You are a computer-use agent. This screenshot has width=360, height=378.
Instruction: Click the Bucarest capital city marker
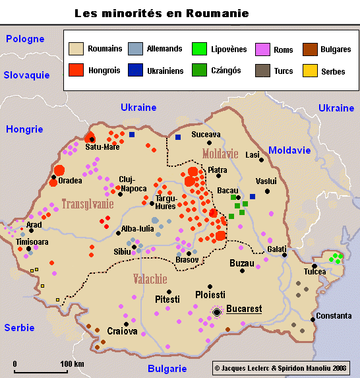click(217, 311)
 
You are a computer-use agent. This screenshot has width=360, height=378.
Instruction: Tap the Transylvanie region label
click(87, 205)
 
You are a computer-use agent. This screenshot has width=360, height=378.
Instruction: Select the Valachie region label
click(154, 278)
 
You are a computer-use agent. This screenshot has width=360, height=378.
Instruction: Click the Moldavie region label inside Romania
click(220, 154)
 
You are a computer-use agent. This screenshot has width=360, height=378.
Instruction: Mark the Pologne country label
click(26, 40)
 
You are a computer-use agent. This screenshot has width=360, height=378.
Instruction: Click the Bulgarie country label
click(167, 368)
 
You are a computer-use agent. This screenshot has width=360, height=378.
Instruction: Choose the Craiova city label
click(122, 331)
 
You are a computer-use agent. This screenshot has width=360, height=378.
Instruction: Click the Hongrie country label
click(24, 129)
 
